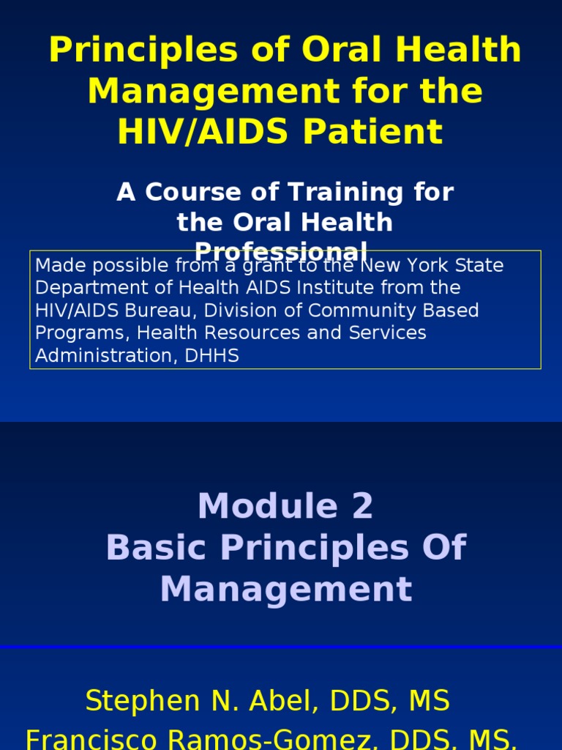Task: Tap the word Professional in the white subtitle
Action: pyautogui.click(x=281, y=251)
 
